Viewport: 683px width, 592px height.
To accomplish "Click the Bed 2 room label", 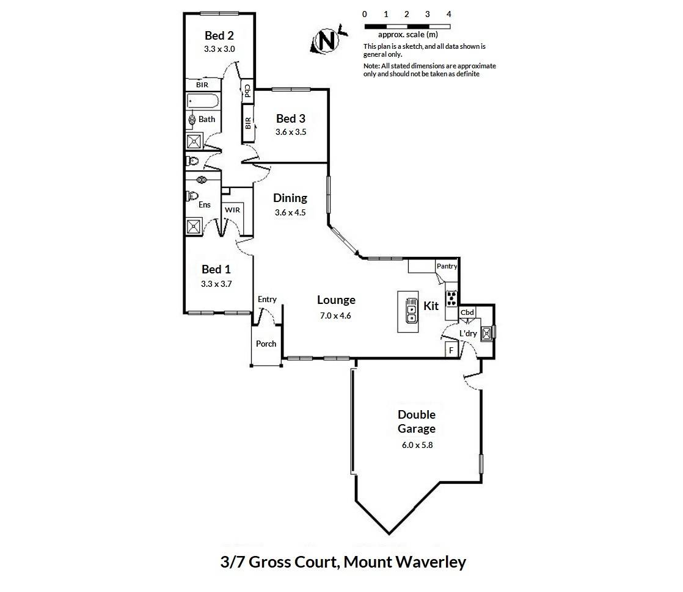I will pos(219,35).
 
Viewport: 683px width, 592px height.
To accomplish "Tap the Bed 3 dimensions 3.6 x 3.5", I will pos(290,131).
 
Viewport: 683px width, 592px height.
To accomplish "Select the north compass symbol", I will pos(327,41).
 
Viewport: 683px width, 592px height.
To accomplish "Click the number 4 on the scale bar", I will pos(449,14).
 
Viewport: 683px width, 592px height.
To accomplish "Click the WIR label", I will pos(233,210).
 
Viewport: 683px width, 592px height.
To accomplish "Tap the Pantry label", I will pos(447,266).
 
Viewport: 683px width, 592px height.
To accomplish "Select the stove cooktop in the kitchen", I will pos(452,298).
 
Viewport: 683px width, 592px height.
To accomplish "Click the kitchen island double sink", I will pos(411,312).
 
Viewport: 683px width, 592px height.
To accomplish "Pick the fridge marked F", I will pos(451,350).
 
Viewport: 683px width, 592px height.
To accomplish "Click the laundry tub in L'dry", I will pos(486,333).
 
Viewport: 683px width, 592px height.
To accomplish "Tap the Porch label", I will pos(266,344).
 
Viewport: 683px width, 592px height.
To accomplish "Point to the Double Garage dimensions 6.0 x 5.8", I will pos(417,445).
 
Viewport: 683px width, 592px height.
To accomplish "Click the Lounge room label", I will pos(336,300).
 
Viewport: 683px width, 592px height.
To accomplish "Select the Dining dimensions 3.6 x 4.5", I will pos(290,213).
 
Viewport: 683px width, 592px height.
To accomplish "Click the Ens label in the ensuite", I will pos(205,204).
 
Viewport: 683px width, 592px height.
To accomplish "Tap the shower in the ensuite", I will pos(194,226).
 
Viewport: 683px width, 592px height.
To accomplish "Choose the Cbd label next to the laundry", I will pos(467,312).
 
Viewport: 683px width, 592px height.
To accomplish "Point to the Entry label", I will pos(267,299).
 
